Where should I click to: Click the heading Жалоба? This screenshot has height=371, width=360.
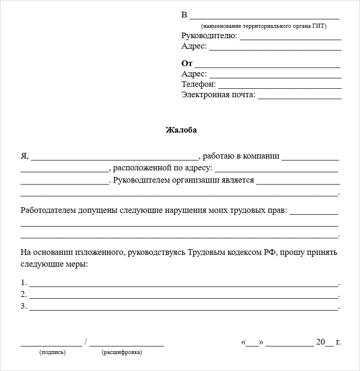point(181,130)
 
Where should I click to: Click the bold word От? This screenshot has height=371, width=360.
point(187,63)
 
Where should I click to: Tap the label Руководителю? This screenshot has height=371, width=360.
point(209,36)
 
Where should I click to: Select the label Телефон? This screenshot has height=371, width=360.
point(198,84)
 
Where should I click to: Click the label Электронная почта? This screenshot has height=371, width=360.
point(218,95)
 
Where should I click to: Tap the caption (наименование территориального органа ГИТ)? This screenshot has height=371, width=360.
point(264,26)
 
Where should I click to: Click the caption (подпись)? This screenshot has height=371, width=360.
point(52,352)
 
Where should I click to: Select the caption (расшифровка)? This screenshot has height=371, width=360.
point(122,352)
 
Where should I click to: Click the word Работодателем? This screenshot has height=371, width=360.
point(48,211)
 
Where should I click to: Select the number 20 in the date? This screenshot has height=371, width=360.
point(321,342)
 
